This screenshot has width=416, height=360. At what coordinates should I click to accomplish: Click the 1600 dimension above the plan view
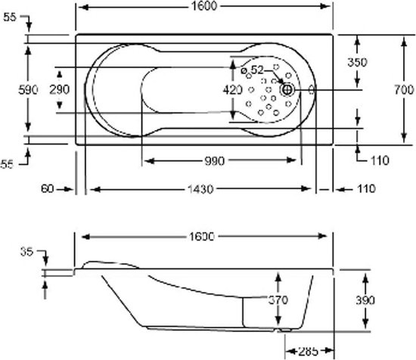pyautogui.click(x=204, y=6)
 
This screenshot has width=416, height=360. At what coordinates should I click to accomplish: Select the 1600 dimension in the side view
pyautogui.click(x=201, y=237)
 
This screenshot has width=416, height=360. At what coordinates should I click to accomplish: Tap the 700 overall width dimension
pyautogui.click(x=404, y=90)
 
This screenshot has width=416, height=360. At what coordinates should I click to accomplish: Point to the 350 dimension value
pyautogui.click(x=357, y=62)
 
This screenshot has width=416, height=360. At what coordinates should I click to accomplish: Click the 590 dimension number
pyautogui.click(x=28, y=90)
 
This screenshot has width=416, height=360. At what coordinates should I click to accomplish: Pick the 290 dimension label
pyautogui.click(x=60, y=90)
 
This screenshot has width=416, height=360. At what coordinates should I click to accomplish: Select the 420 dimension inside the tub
pyautogui.click(x=232, y=90)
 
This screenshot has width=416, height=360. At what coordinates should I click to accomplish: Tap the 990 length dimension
pyautogui.click(x=215, y=161)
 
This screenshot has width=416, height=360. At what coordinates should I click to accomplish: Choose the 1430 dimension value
pyautogui.click(x=200, y=189)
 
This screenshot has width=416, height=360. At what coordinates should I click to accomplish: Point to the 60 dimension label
pyautogui.click(x=48, y=189)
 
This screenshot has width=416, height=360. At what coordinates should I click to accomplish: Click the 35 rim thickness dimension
pyautogui.click(x=26, y=252)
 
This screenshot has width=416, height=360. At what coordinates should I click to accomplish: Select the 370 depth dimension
pyautogui.click(x=278, y=300)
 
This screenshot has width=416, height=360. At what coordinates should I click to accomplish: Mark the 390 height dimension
pyautogui.click(x=365, y=300)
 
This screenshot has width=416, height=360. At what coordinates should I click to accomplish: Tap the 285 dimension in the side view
pyautogui.click(x=308, y=352)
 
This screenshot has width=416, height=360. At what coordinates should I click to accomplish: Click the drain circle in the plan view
pyautogui.click(x=287, y=90)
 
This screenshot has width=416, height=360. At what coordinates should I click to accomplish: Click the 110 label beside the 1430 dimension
pyautogui.click(x=366, y=188)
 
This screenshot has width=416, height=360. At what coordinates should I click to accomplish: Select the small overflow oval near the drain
pyautogui.click(x=312, y=90)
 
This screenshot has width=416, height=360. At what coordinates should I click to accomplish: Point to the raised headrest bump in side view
pyautogui.click(x=110, y=263)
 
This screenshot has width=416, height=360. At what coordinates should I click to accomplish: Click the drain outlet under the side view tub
pyautogui.click(x=285, y=330)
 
